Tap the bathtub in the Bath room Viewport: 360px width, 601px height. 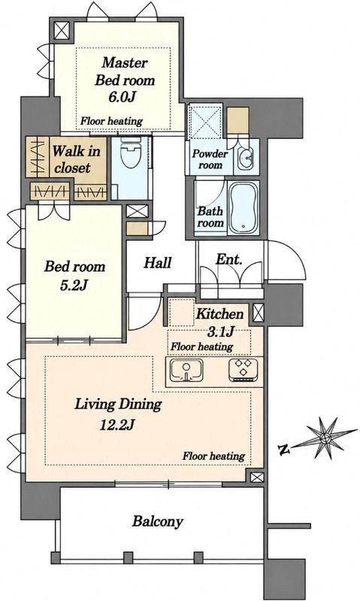click(x=243, y=207)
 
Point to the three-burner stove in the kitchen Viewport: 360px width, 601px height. click(x=243, y=370)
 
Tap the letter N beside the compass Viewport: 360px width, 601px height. click(x=283, y=448)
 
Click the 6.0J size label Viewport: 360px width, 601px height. click(x=122, y=97)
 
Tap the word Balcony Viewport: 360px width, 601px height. click(x=158, y=521)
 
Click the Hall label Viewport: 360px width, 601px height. click(x=158, y=263)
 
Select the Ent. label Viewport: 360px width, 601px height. click(x=229, y=259)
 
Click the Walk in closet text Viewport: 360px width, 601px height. click(x=74, y=159)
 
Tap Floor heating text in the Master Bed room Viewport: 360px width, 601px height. click(x=111, y=121)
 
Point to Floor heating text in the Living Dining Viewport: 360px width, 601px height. click(x=213, y=456)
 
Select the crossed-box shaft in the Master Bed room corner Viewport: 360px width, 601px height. click(x=62, y=31)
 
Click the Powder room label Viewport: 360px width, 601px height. click(x=210, y=159)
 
